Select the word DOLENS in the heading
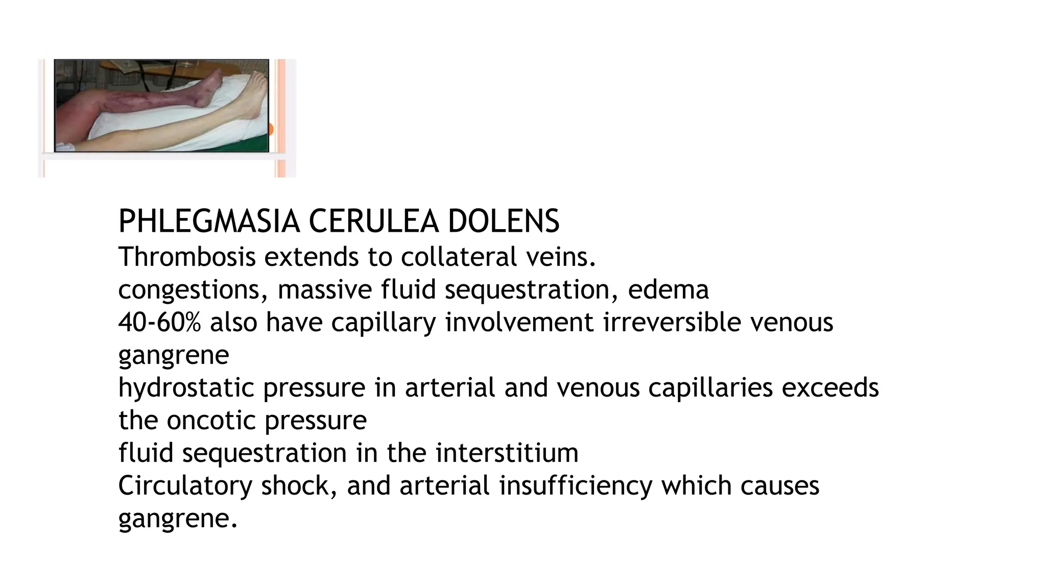coord(504,222)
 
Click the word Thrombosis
coord(186,257)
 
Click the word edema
coord(668,290)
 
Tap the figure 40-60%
coord(159,323)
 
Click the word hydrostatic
coord(186,388)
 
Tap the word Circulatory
coord(185,486)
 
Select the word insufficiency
coord(576,486)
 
